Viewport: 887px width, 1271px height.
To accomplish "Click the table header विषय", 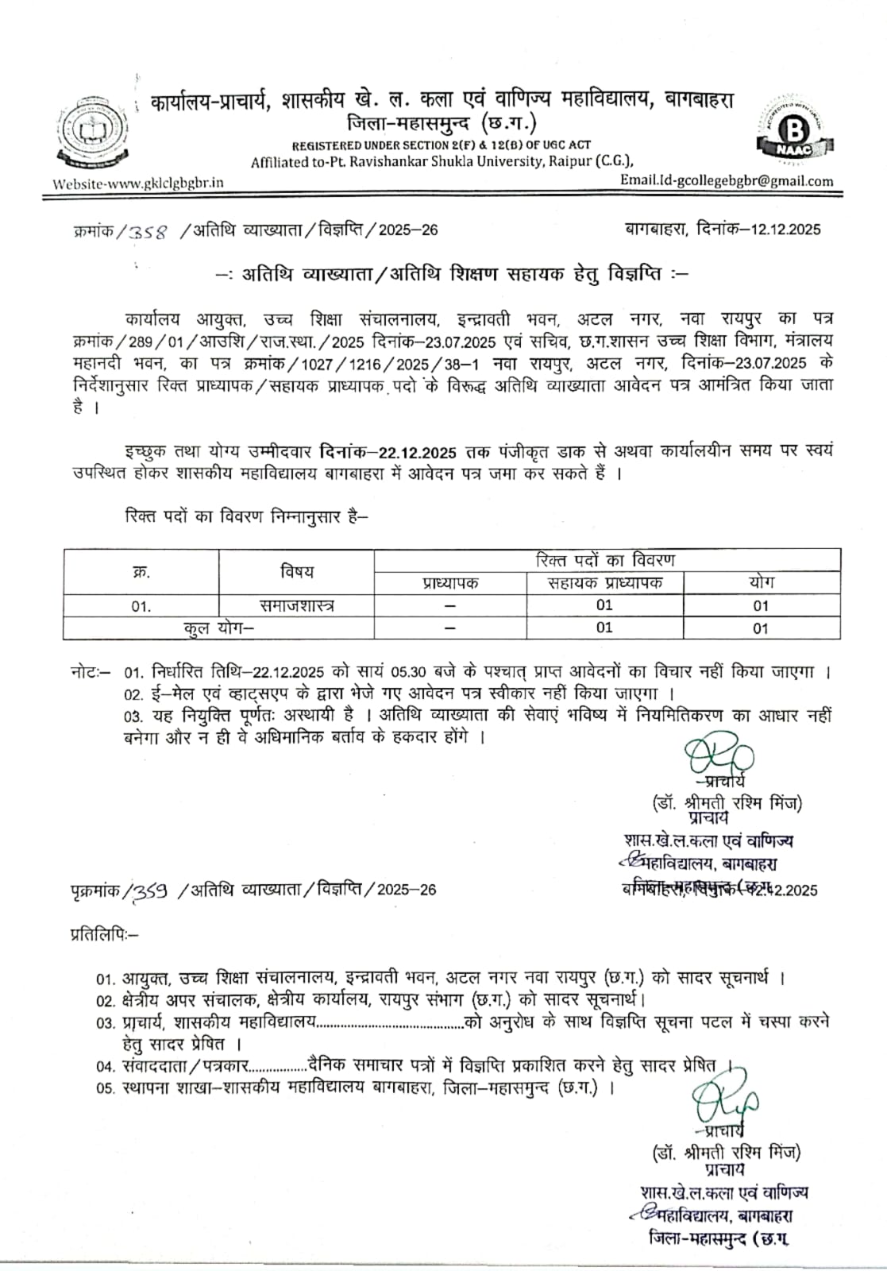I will pyautogui.click(x=296, y=570).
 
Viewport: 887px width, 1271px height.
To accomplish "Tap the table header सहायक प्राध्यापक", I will pyautogui.click(x=604, y=582).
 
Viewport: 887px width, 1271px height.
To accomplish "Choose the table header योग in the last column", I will pyautogui.click(x=761, y=582).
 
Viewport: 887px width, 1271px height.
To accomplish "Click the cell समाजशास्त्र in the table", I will pyautogui.click(x=297, y=605).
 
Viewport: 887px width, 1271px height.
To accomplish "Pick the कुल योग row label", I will pyautogui.click(x=218, y=628).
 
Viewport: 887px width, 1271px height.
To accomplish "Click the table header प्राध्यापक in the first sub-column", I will pyautogui.click(x=449, y=582).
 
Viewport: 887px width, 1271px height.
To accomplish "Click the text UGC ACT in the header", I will pyautogui.click(x=561, y=145).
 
